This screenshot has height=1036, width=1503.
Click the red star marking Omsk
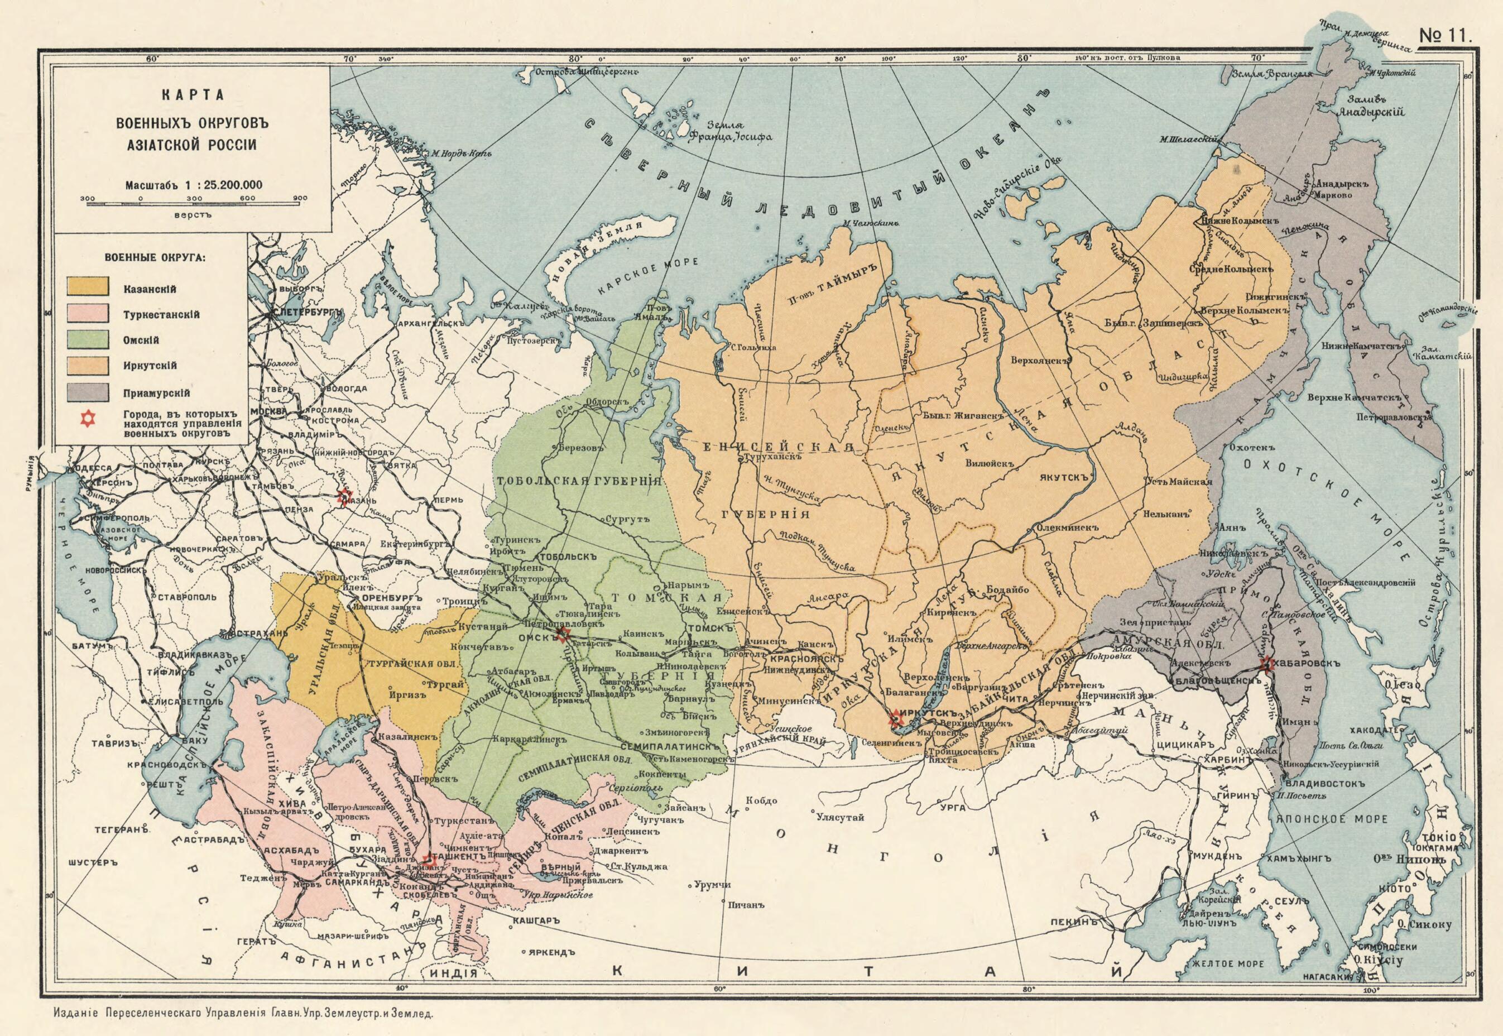pyautogui.click(x=563, y=635)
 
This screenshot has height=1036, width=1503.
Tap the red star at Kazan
pyautogui.click(x=344, y=498)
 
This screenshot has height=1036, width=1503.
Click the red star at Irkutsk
pyautogui.click(x=896, y=717)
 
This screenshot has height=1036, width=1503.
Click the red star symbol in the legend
pyautogui.click(x=87, y=419)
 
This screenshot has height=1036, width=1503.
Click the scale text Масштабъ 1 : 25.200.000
pyautogui.click(x=194, y=184)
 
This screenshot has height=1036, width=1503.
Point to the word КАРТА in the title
pyautogui.click(x=193, y=95)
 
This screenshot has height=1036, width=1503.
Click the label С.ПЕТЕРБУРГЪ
pyautogui.click(x=306, y=312)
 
